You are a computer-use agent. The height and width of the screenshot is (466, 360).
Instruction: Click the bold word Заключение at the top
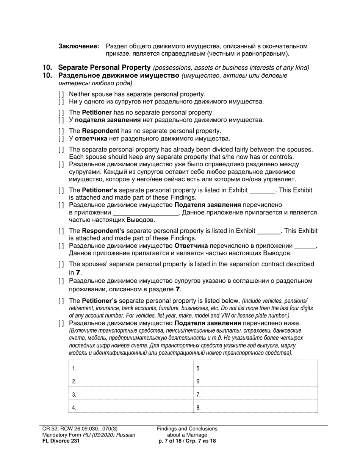[x=79, y=46]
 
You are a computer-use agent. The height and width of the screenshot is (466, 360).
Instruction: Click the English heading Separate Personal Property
[x=104, y=67]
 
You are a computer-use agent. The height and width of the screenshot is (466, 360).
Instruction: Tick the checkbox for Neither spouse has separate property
[x=61, y=94]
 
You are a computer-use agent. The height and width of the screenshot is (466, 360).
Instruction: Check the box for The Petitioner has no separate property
[x=61, y=113]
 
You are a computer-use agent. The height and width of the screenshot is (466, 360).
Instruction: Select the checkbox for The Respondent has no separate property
[x=61, y=131]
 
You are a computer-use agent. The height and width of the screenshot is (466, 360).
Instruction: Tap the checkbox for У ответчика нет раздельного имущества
[x=61, y=139]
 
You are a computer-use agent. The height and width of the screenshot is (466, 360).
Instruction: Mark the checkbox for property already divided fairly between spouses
[x=61, y=150]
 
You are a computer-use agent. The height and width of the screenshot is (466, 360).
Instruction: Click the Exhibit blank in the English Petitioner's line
[x=262, y=190]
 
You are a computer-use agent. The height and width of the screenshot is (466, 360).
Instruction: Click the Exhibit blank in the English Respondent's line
[x=269, y=231]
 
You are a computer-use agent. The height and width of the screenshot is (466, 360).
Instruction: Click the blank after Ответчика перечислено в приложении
[x=305, y=246]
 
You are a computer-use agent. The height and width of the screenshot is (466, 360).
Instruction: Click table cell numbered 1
[x=131, y=367]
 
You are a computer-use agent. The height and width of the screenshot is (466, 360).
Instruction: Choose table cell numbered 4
[x=131, y=407]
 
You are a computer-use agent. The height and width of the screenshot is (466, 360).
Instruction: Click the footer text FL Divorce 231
[x=61, y=441]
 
